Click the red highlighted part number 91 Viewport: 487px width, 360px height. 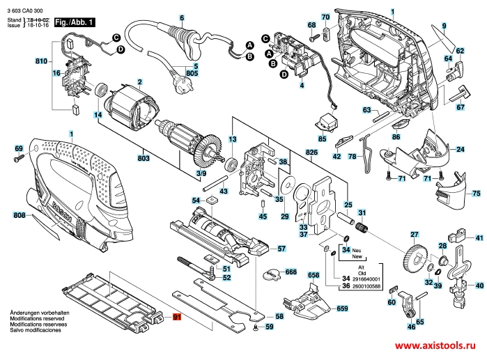pyautogui.click(x=177, y=317)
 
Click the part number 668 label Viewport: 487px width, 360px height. pyautogui.click(x=291, y=272)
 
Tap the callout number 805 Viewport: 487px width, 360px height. pyautogui.click(x=192, y=73)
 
